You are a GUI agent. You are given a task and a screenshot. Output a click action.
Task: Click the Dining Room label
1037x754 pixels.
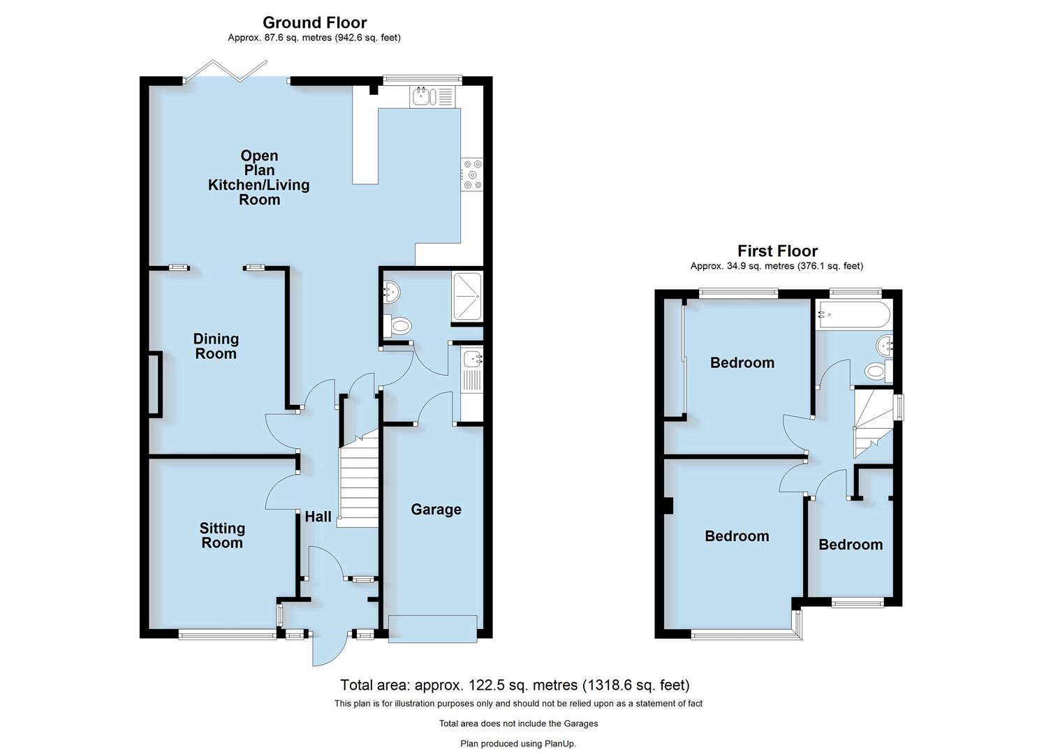(216, 346)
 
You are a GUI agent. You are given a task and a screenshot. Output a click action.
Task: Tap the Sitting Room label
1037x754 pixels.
(222, 535)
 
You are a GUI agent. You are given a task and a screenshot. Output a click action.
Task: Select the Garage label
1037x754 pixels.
(436, 510)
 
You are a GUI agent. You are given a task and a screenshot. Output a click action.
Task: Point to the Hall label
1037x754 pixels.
(318, 517)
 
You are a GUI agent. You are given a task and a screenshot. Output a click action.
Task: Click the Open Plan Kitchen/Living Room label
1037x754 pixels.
(259, 177)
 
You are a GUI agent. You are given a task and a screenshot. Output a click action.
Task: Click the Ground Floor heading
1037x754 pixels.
(314, 22)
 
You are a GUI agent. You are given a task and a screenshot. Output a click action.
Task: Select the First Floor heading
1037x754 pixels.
(777, 251)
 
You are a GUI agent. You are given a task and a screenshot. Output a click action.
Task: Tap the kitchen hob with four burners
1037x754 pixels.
(471, 175)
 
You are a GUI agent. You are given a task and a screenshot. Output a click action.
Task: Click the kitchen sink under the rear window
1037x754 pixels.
(432, 97)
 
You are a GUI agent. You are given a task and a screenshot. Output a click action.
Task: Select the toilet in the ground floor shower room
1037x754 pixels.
(398, 325)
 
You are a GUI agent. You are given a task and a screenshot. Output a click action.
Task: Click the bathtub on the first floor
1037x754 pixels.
(853, 315)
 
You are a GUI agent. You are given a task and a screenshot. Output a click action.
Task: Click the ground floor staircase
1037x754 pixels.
(358, 482)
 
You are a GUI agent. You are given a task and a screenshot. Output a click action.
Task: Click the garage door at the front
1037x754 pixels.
(433, 628)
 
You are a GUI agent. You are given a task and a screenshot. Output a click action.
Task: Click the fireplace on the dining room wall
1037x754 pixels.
(154, 385)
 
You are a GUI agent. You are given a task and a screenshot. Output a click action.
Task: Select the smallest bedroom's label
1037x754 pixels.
(850, 545)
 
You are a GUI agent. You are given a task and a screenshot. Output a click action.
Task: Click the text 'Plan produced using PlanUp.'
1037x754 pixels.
(518, 744)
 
